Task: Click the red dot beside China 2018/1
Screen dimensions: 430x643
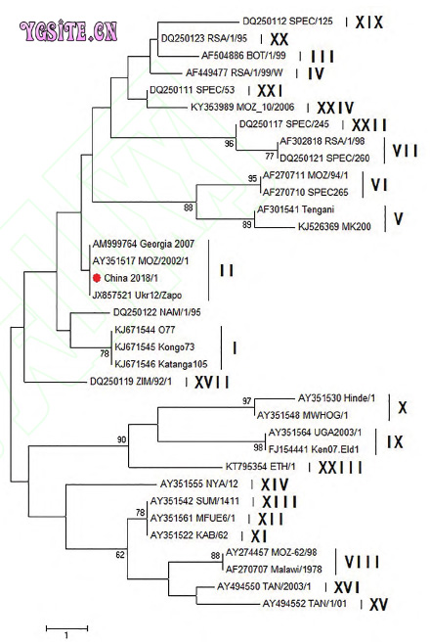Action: coord(97,278)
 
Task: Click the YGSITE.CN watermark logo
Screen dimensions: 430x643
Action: coord(68,31)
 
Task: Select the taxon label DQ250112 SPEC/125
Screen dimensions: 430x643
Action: coord(287,21)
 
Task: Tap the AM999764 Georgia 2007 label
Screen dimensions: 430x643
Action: coord(144,244)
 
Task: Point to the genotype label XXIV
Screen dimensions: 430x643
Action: coord(335,108)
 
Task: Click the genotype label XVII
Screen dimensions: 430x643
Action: coord(211,383)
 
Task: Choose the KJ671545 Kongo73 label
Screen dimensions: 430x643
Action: coord(154,346)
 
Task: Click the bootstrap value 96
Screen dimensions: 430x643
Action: coord(229,144)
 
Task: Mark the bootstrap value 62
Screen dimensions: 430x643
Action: coord(120,555)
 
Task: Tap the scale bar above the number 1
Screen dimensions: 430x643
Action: coord(66,627)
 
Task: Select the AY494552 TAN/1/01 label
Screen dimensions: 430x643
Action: coord(304,604)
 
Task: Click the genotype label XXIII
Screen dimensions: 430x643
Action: coord(340,468)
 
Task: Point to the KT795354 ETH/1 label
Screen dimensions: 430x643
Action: coord(261,467)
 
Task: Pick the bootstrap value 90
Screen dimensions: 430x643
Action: coord(121,440)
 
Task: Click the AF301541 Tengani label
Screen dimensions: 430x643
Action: coord(296,209)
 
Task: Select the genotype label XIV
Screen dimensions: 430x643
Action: coord(275,484)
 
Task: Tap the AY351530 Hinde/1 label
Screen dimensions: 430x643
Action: coord(336,397)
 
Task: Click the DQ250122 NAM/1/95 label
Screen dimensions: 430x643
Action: coord(156,312)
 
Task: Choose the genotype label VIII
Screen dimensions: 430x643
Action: coord(362,562)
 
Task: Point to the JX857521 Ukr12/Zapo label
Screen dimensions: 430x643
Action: coord(136,295)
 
